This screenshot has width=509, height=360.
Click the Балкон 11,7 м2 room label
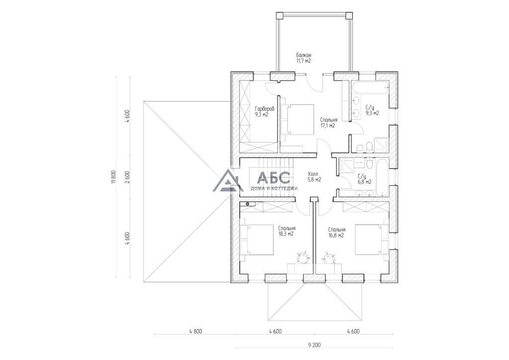[x=303, y=58]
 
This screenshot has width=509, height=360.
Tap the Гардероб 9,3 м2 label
[x=262, y=111]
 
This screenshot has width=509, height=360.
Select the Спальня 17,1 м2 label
[x=328, y=122]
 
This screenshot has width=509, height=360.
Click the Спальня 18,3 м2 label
[x=286, y=231]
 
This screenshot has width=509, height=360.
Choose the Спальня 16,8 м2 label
[x=337, y=232]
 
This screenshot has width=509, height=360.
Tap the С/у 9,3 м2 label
[x=372, y=110]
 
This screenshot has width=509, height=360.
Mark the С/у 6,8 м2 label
[x=364, y=179]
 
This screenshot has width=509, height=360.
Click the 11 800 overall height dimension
[x=113, y=177]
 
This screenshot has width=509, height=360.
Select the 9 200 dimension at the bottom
[x=314, y=345]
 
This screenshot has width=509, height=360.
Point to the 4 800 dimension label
[x=195, y=332]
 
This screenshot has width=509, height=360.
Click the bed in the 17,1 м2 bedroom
[x=297, y=119]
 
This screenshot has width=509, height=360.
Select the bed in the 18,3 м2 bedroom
[x=257, y=240]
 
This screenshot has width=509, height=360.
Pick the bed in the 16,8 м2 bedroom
[x=372, y=239]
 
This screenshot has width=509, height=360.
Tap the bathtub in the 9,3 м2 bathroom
[x=369, y=88]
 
